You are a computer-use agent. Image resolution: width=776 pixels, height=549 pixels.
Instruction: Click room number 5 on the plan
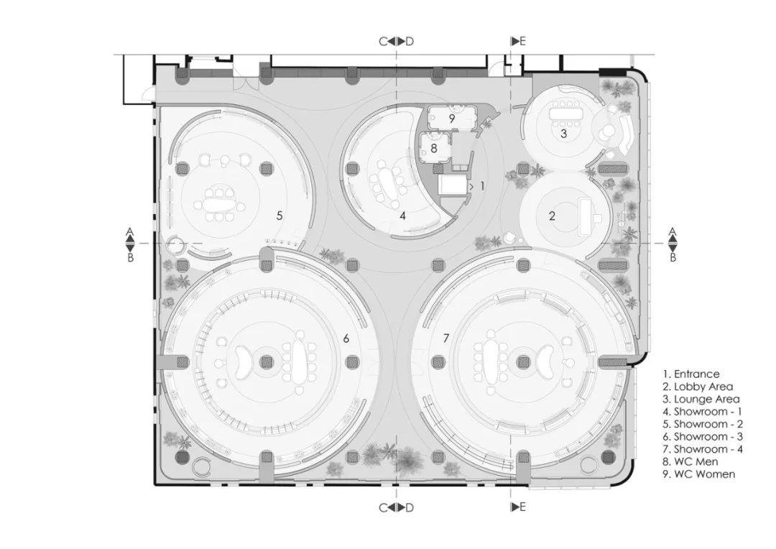pyautogui.click(x=280, y=216)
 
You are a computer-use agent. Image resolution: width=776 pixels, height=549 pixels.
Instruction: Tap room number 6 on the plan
pyautogui.click(x=346, y=338)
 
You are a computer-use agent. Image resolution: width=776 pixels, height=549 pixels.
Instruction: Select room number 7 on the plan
pyautogui.click(x=446, y=338)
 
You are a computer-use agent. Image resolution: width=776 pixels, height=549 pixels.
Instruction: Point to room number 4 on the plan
pyautogui.click(x=403, y=216)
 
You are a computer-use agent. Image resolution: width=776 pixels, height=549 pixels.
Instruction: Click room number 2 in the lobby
pyautogui.click(x=552, y=216)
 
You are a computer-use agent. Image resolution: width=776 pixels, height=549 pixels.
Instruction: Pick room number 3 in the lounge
pyautogui.click(x=563, y=134)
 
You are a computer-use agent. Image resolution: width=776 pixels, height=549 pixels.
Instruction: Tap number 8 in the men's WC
pyautogui.click(x=434, y=147)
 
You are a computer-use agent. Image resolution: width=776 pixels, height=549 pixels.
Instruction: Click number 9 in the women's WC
pyautogui.click(x=451, y=119)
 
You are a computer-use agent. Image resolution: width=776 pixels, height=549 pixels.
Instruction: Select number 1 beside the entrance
pyautogui.click(x=482, y=186)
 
